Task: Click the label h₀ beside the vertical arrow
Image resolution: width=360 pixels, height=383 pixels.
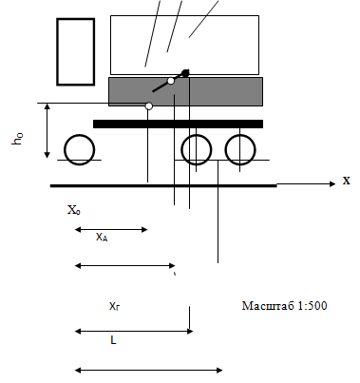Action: (18, 139)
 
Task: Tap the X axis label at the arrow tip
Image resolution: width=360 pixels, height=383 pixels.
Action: (347, 181)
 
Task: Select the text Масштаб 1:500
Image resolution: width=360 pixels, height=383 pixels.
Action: (284, 306)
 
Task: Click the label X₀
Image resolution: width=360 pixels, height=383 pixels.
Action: (74, 210)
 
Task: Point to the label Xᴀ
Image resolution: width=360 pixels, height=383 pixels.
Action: (102, 237)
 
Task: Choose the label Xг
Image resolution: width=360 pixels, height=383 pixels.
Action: (114, 306)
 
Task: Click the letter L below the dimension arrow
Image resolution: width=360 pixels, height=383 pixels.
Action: (113, 340)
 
